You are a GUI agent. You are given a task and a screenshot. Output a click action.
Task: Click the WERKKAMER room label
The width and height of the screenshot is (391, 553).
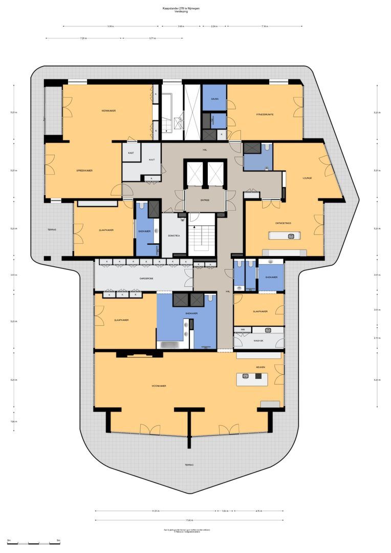coord(108,111)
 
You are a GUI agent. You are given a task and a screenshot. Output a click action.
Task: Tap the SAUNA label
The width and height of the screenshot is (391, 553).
coord(214,99)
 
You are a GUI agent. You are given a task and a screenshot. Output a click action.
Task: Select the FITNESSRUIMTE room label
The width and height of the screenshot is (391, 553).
coord(265,114)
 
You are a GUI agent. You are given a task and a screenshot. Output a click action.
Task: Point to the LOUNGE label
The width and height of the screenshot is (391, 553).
coord(307,178)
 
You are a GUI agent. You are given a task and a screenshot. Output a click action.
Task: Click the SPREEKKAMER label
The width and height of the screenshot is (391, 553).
coord(84,170)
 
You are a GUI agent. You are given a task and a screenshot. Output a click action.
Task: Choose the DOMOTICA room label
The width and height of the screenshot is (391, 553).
coord(173,236)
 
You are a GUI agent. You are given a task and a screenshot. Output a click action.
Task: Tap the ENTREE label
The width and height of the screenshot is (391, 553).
coord(205,200)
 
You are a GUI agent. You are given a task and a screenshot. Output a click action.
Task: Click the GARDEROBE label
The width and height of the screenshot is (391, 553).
coord(147,279)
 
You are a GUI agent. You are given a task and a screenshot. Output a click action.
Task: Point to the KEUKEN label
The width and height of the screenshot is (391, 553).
coord(262,368)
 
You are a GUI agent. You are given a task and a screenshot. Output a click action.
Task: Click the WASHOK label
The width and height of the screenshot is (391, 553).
coord(258,341)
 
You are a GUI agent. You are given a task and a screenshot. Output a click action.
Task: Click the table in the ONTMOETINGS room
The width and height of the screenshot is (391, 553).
coord(285,236)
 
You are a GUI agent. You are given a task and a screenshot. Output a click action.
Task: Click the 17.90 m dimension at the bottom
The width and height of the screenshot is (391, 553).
coord(189,520)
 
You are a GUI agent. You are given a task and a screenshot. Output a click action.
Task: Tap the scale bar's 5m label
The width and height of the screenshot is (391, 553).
coord(58,541)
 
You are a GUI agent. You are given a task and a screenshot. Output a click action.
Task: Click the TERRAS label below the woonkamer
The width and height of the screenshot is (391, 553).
coord(189,464)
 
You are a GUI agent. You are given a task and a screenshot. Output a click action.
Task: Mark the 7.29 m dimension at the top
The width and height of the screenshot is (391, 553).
coord(83,38)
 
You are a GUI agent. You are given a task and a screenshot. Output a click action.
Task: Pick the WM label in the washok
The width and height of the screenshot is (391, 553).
coord(244,329)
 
